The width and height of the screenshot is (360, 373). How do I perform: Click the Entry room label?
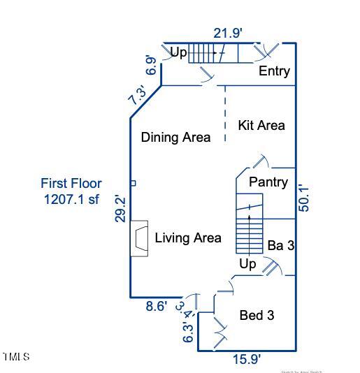(x=274, y=71)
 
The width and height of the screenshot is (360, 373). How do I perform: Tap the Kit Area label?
(x=261, y=126)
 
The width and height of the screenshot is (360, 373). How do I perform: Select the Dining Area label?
(x=175, y=138)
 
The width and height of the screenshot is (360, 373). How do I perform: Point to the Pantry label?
(x=268, y=182)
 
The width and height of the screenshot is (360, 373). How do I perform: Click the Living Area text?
(x=188, y=238)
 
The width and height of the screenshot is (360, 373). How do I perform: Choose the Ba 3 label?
(x=281, y=246)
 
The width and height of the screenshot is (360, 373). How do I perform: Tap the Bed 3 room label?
(x=257, y=316)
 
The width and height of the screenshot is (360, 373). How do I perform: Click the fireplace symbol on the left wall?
(x=140, y=239)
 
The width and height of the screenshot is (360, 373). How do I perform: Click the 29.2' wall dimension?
(x=120, y=210)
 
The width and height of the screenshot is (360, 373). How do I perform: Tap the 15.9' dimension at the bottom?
(x=247, y=359)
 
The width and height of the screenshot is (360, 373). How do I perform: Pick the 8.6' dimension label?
(x=157, y=306)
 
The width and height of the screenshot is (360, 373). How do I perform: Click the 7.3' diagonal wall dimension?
(x=138, y=96)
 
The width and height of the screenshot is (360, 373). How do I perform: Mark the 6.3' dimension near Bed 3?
(x=187, y=332)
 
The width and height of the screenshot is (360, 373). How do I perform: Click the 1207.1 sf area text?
(x=71, y=199)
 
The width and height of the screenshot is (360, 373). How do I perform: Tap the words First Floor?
(x=71, y=184)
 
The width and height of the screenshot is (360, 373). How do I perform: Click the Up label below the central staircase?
(x=248, y=264)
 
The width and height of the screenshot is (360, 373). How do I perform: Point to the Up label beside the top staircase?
(x=179, y=52)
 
